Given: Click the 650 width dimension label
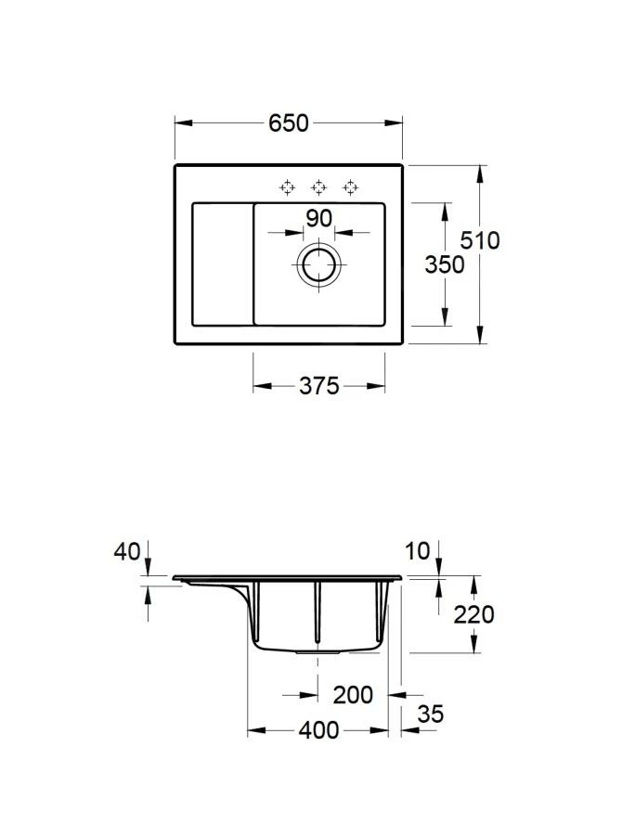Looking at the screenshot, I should (x=288, y=123).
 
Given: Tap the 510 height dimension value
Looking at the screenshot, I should (x=480, y=240).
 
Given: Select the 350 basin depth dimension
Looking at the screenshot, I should (x=444, y=264).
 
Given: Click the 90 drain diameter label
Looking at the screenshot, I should (x=318, y=219).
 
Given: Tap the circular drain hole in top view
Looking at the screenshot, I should (x=319, y=264).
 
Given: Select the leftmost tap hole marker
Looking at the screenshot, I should (x=288, y=188).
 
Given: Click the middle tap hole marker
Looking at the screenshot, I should (x=318, y=188).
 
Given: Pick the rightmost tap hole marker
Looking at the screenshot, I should (x=350, y=188).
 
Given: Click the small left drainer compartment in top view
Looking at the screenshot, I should (x=222, y=264).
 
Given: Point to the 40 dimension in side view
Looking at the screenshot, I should (x=127, y=552).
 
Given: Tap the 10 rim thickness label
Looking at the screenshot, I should (x=418, y=551).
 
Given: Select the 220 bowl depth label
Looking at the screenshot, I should (x=473, y=613).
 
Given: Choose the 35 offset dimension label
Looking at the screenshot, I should (x=430, y=714).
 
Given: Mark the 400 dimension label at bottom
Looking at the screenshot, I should (x=318, y=731).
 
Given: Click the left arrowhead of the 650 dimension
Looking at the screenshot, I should (x=180, y=122).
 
